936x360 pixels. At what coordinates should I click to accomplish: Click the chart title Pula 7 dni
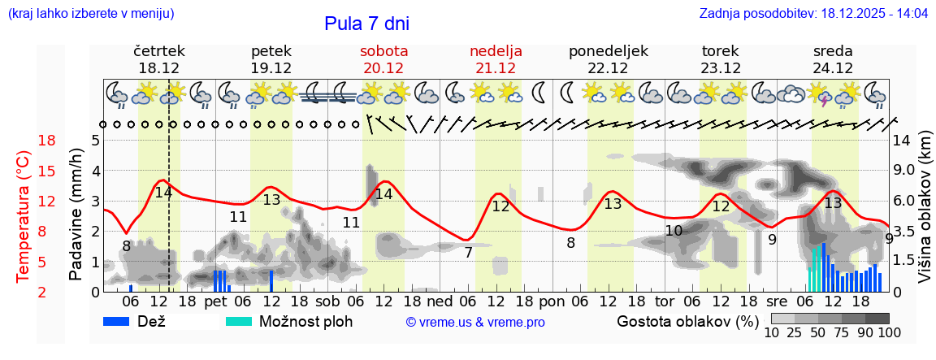click(367, 23)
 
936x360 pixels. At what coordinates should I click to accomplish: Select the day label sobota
click(383, 51)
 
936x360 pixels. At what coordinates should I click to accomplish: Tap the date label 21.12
click(496, 68)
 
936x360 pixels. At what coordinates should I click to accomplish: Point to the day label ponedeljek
click(609, 51)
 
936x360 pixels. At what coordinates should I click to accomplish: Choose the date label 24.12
click(833, 68)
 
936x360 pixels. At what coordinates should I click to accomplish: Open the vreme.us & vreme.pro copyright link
click(475, 323)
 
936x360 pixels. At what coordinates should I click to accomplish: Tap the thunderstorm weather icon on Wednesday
click(824, 95)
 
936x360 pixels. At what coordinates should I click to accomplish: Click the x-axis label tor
click(665, 301)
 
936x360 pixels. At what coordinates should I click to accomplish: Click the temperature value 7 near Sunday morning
click(469, 253)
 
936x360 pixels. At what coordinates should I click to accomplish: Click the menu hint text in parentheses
click(90, 14)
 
